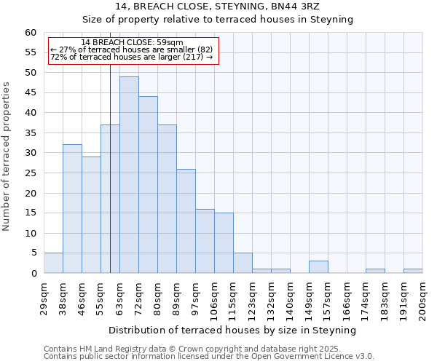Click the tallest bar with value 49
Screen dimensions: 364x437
pos(129,175)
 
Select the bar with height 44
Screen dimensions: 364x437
pos(148,185)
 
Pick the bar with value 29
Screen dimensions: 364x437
pos(91,215)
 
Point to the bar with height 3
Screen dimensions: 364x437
pos(318,267)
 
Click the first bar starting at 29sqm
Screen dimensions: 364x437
pos(53,263)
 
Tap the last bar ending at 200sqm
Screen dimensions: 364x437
pos(413,271)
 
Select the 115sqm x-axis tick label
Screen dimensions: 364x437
pos(233,298)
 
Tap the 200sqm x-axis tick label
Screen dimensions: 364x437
pos(422,298)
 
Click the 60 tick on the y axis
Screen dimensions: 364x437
pos(31,33)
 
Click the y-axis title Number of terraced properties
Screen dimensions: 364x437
pos(7,157)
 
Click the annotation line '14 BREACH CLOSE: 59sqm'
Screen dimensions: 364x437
pos(133,42)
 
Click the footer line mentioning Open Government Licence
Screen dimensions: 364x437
pos(209,356)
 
